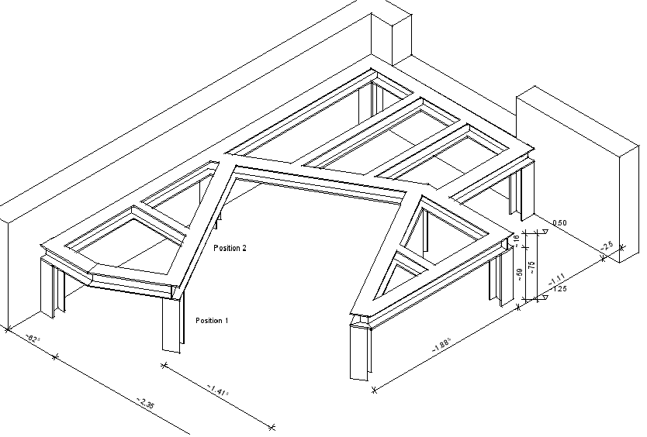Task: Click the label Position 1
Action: point(211,320)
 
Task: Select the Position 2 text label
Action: point(230,248)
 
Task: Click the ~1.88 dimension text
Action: point(442,349)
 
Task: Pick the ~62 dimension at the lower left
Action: point(32,339)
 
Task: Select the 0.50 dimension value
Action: point(559,223)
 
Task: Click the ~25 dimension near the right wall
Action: point(607,246)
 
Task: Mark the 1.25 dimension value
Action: point(559,289)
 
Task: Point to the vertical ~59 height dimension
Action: point(519,274)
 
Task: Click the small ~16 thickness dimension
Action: point(517,241)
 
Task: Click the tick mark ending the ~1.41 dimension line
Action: point(272,426)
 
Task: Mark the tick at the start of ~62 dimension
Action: point(7,329)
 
